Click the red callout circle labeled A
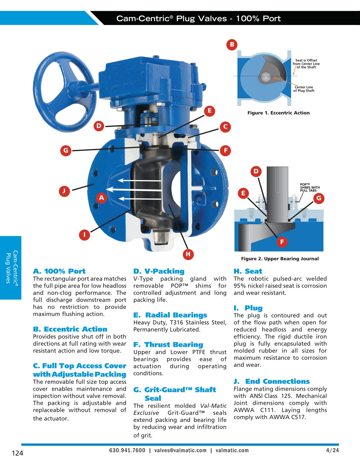click(x=101, y=198)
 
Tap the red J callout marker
click(x=64, y=191)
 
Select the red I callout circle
click(x=84, y=234)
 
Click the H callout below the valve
click(x=188, y=254)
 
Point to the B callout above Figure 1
click(x=232, y=44)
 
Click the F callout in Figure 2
click(x=282, y=242)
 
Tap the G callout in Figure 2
click(x=319, y=198)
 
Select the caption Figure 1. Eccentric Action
click(x=278, y=113)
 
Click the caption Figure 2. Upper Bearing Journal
click(x=280, y=259)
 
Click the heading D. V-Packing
click(x=159, y=271)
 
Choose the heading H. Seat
click(x=248, y=271)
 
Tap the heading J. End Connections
click(x=271, y=381)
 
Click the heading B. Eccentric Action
click(x=70, y=329)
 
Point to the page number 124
click(x=17, y=453)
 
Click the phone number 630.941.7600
click(x=127, y=450)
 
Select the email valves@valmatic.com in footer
click(x=180, y=450)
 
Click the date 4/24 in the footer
click(x=332, y=450)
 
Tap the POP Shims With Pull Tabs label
click(x=310, y=187)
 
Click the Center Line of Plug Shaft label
click(x=304, y=89)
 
